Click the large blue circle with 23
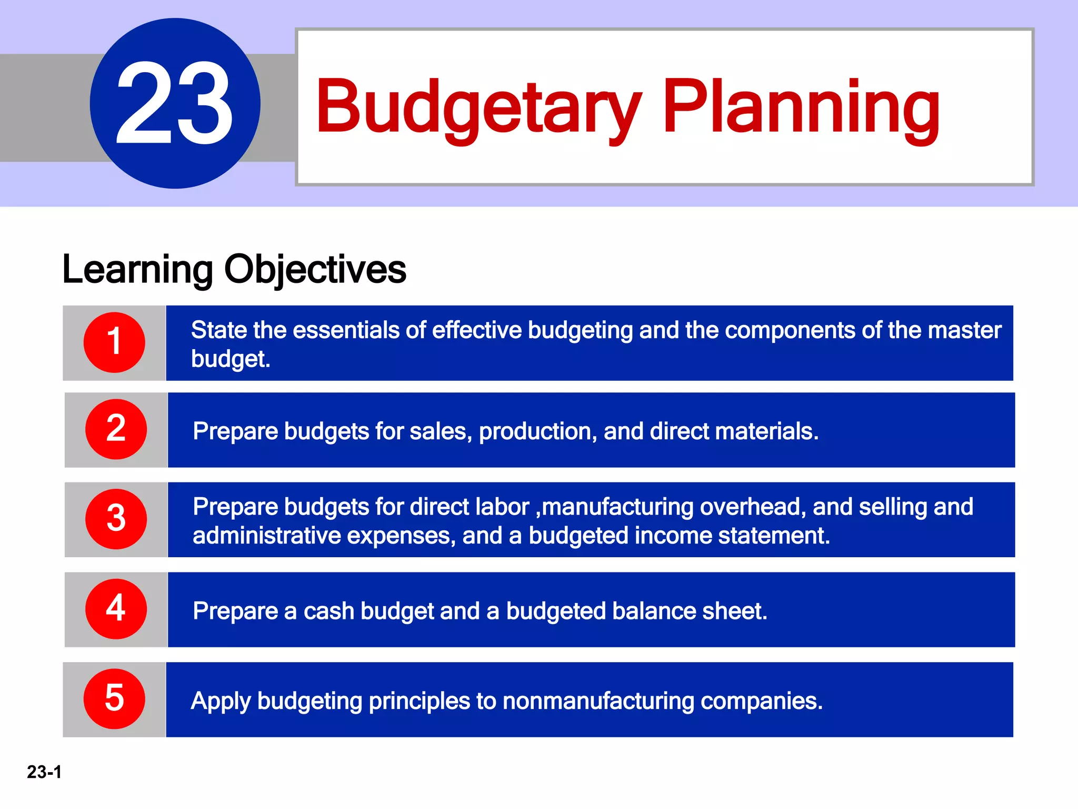pos(175,103)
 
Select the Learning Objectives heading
pos(234,270)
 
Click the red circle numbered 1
pos(114,342)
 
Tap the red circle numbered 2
pos(116,429)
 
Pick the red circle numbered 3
pos(116,519)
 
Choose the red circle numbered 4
pos(116,609)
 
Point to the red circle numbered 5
pos(114,699)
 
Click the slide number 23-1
pos(44,772)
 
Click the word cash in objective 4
pos(328,611)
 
